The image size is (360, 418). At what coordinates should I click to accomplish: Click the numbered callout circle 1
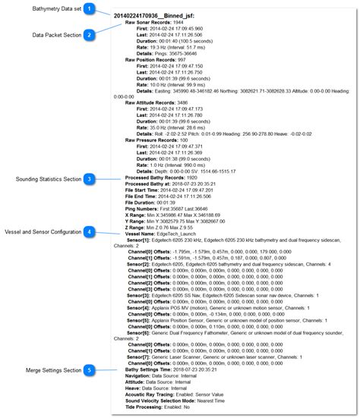90,8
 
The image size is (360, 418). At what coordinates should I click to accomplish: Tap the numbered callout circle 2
90,35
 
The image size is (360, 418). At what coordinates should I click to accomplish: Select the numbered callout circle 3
90,179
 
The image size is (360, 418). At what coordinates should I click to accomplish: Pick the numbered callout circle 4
90,231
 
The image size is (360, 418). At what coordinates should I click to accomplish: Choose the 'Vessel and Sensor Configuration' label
43,231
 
